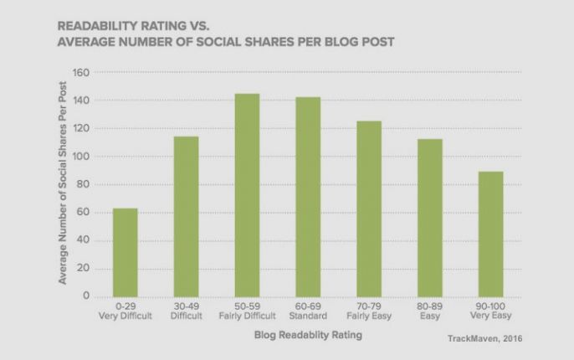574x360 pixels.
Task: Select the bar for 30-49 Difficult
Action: (x=186, y=216)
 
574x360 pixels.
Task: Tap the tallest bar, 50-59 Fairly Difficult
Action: (x=247, y=194)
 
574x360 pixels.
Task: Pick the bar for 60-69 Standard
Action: (x=308, y=196)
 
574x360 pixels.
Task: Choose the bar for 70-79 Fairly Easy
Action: (x=369, y=208)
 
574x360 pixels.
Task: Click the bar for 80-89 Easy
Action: (x=429, y=217)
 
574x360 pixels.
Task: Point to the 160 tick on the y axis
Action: (x=80, y=73)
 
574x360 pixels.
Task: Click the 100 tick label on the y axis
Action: (x=80, y=157)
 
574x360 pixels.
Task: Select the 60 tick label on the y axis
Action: (x=83, y=213)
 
